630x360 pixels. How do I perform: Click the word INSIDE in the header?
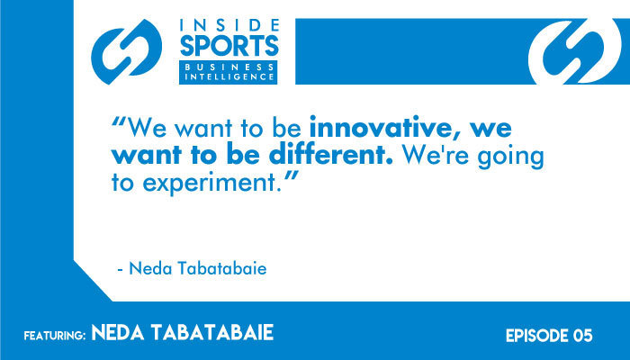229,25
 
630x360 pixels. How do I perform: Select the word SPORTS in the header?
229,46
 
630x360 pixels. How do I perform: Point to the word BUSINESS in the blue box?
229,67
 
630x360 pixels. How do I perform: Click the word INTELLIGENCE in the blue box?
229,76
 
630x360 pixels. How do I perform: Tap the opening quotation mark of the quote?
119,121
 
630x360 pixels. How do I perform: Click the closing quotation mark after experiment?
290,175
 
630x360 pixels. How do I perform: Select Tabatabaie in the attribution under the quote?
222,268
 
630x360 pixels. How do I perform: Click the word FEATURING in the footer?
55,336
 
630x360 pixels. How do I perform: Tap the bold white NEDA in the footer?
118,333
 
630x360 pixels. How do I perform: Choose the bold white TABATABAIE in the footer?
212,333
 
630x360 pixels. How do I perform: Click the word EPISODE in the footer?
532,336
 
